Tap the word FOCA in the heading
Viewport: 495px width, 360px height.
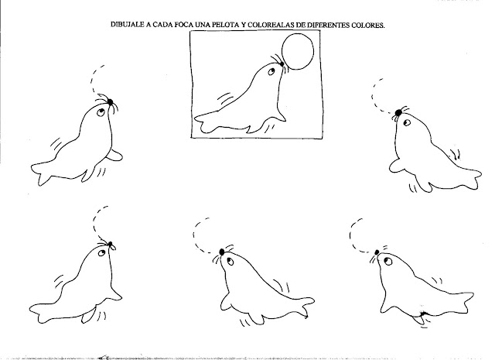point(184,25)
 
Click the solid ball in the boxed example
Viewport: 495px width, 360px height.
point(298,52)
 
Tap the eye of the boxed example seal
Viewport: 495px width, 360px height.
point(271,72)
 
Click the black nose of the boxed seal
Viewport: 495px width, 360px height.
point(282,63)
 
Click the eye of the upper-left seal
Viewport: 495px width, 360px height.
point(101,112)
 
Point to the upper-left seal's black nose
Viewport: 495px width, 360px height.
point(110,101)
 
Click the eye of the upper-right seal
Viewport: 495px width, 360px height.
point(407,123)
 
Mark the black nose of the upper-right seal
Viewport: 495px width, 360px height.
point(398,112)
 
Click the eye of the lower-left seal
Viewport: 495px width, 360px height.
point(101,253)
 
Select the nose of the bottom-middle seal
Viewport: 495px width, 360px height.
point(222,252)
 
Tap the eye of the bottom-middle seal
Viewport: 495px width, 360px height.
point(230,261)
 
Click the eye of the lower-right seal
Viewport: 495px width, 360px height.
point(388,262)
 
